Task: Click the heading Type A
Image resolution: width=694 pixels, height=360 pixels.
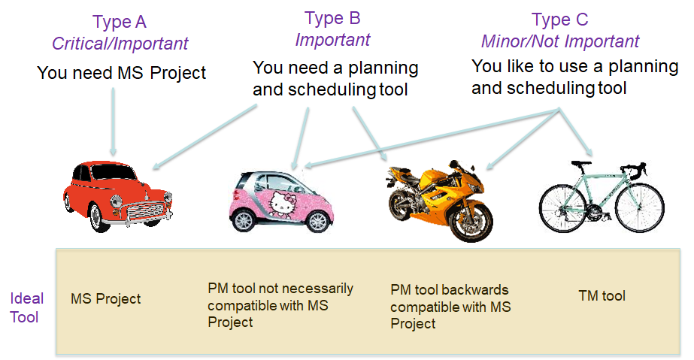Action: point(119,22)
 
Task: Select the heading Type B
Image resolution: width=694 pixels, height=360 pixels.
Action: point(332,19)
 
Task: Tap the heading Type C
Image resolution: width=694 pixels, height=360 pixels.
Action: point(559,20)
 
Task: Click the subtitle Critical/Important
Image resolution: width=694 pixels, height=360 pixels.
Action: point(120,44)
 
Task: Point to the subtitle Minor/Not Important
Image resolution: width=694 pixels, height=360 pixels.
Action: point(560,41)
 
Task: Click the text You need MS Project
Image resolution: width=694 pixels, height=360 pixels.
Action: point(121,73)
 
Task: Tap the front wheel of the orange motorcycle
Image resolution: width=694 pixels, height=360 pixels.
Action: point(470,220)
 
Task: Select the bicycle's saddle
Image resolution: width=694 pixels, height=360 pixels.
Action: point(581,164)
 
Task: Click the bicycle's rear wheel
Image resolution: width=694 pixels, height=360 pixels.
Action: point(562,208)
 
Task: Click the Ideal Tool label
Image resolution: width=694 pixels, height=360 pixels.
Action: point(26,308)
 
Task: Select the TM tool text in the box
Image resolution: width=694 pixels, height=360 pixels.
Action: point(602,295)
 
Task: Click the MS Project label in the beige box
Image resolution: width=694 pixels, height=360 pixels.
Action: point(105,298)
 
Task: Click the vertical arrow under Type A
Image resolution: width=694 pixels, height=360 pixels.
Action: point(114,122)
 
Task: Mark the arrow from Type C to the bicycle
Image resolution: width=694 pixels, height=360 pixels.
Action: point(576,132)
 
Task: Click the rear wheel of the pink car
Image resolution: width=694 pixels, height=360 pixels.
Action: point(243,219)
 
